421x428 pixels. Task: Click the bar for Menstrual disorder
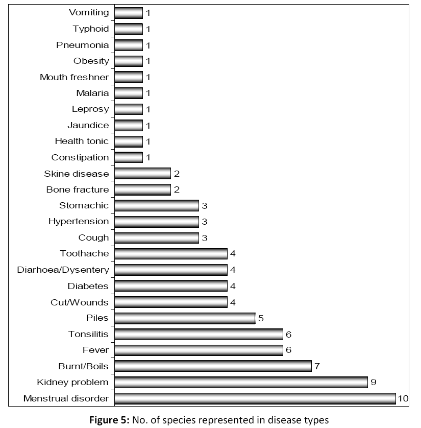pyautogui.click(x=255, y=398)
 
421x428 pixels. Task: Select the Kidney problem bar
pyautogui.click(x=241, y=382)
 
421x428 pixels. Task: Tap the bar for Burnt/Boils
pyautogui.click(x=213, y=366)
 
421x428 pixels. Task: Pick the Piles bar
pyautogui.click(x=185, y=318)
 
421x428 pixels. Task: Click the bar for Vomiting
pyautogui.click(x=129, y=13)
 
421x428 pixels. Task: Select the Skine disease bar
pyautogui.click(x=142, y=174)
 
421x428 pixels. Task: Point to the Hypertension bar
pyautogui.click(x=157, y=222)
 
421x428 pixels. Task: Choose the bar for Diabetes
pyautogui.click(x=170, y=286)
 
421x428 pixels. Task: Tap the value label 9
pyautogui.click(x=374, y=382)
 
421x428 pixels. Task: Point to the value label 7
pyautogui.click(x=317, y=366)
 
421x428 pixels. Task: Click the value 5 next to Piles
pyautogui.click(x=260, y=318)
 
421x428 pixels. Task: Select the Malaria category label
pyautogui.click(x=92, y=93)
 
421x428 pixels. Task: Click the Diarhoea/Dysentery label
pyautogui.click(x=63, y=270)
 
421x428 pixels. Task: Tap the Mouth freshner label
pyautogui.click(x=75, y=77)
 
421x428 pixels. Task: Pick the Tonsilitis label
pyautogui.click(x=89, y=334)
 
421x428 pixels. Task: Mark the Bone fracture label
pyautogui.click(x=78, y=189)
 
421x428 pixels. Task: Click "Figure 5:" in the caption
pyautogui.click(x=110, y=420)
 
